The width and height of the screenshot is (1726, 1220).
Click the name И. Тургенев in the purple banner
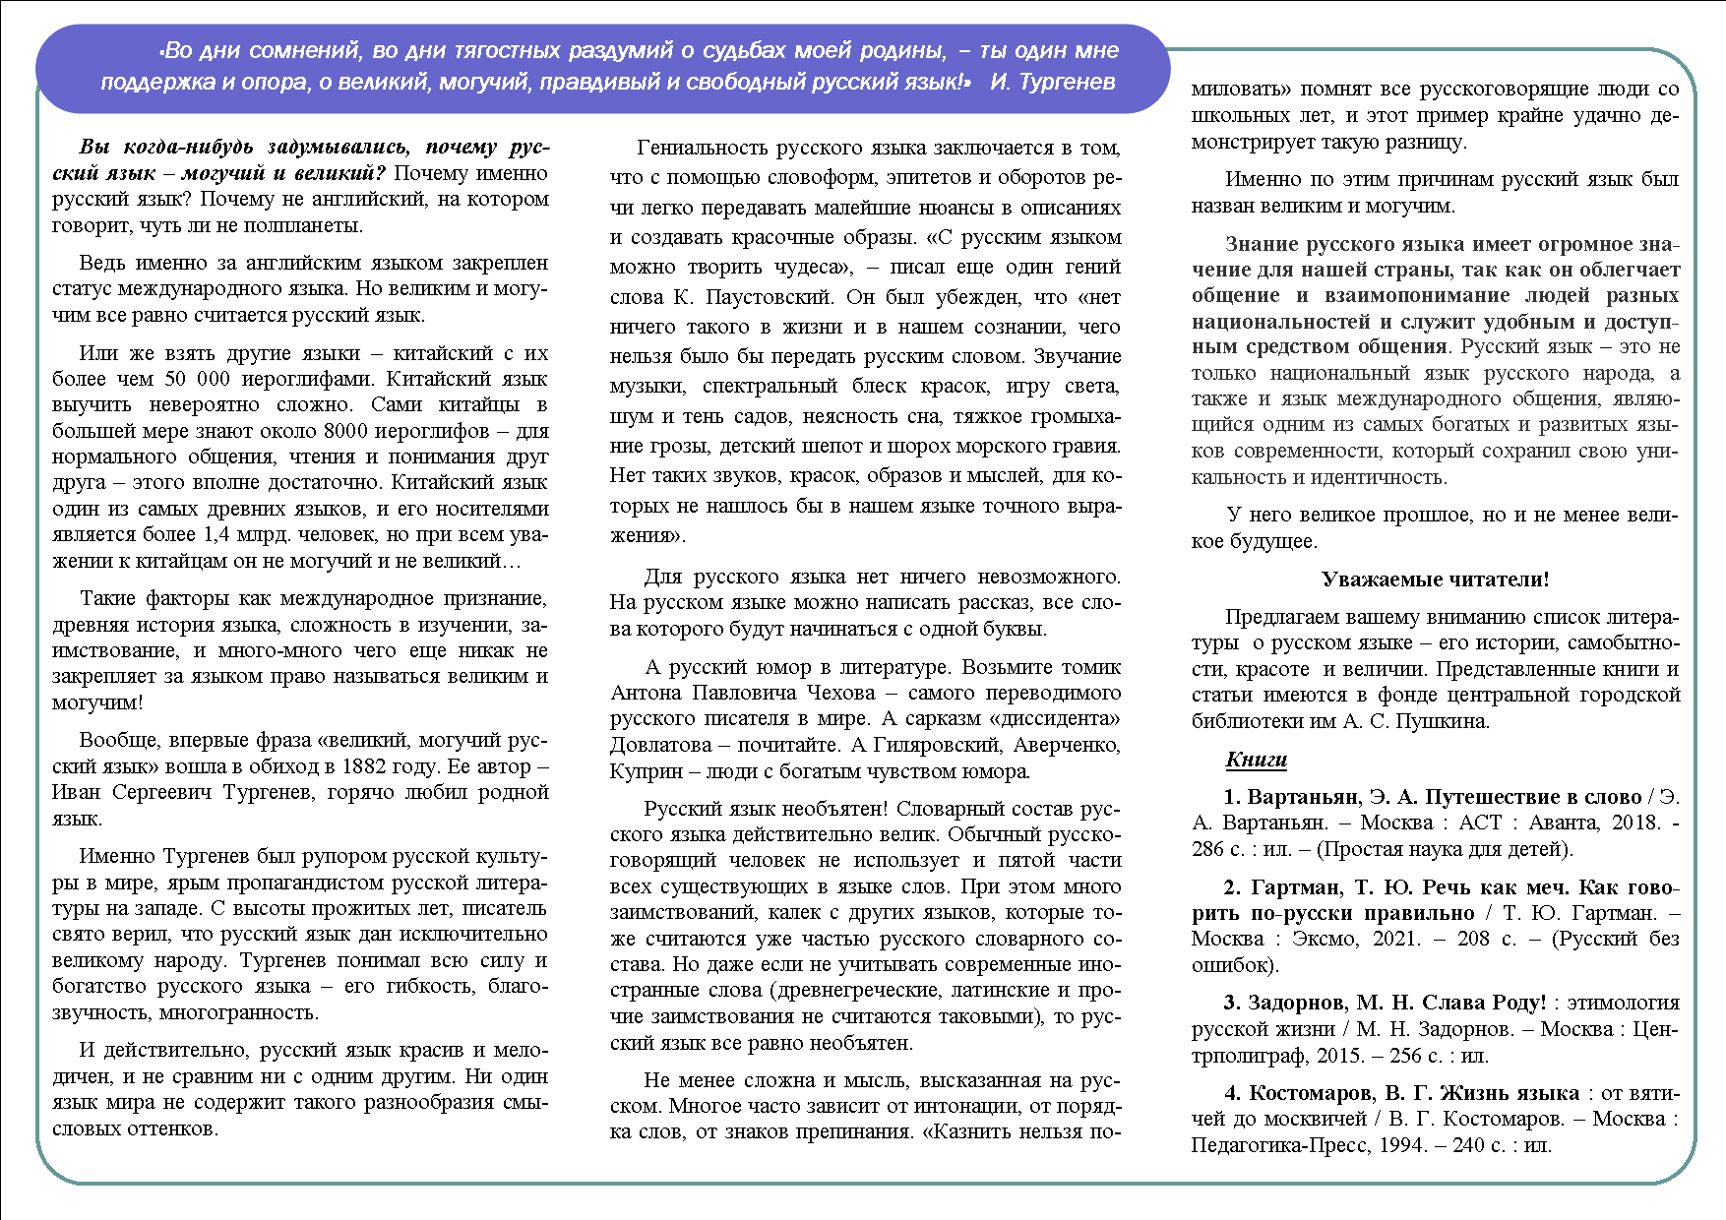[x=1052, y=82]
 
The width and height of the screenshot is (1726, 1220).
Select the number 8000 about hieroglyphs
[x=329, y=431]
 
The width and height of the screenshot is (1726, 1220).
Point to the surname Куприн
[x=641, y=771]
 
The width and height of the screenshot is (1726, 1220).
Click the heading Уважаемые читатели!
[x=1435, y=579]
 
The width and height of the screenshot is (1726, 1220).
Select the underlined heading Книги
[x=1257, y=760]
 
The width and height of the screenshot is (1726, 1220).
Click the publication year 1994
[x=1402, y=1145]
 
